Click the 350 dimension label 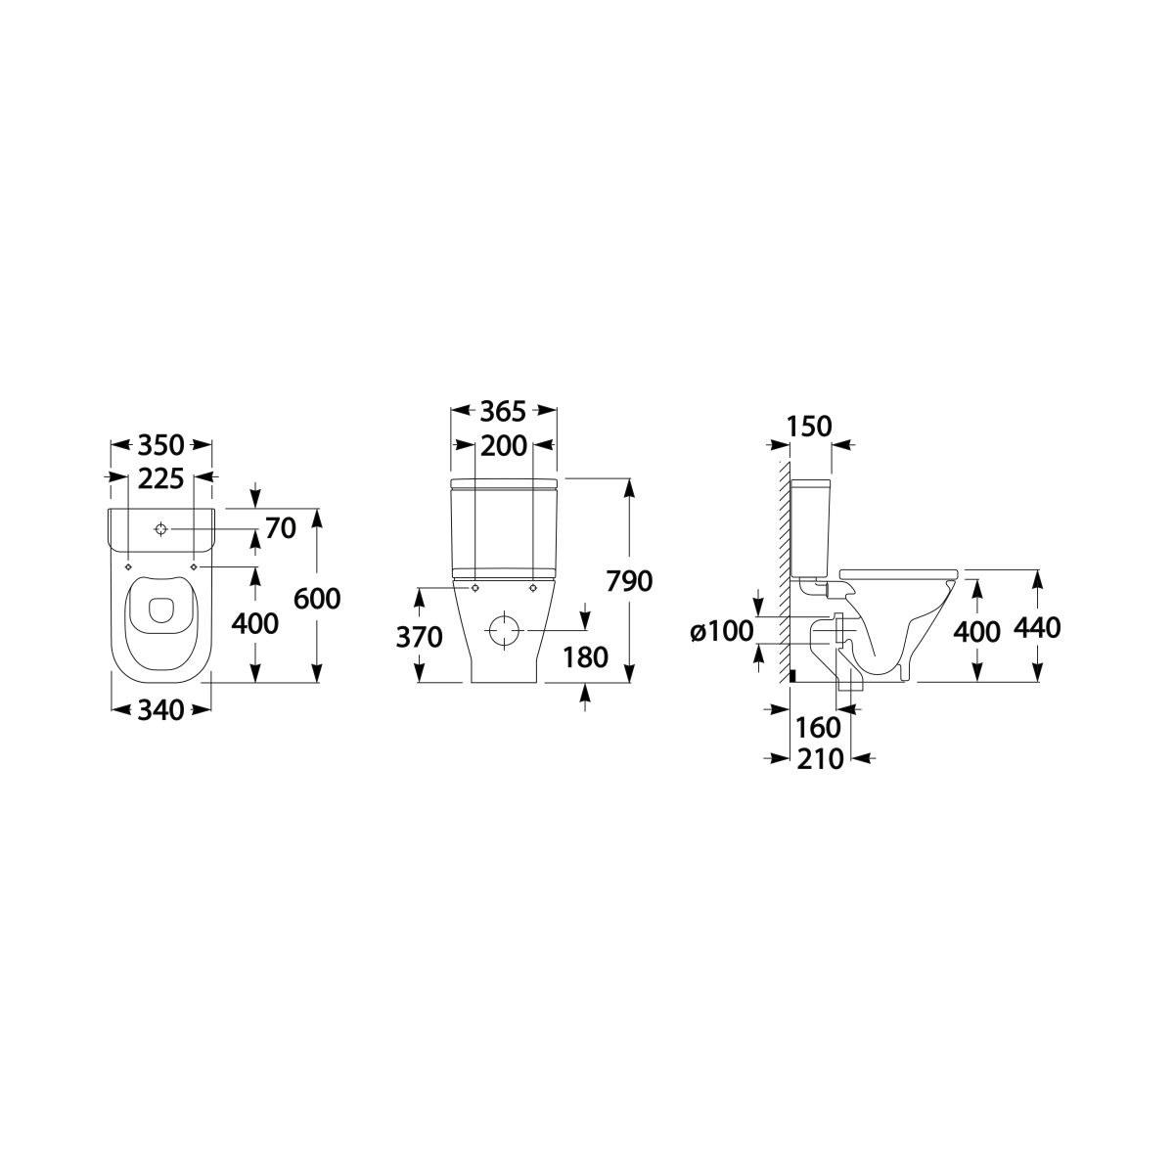pos(160,445)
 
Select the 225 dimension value pos(160,478)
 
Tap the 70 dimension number pos(281,528)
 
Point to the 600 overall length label pos(317,599)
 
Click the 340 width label pos(160,710)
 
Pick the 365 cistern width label pos(503,412)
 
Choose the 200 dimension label pos(503,446)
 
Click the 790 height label pos(629,581)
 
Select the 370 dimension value pos(419,637)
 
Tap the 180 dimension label pos(585,656)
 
